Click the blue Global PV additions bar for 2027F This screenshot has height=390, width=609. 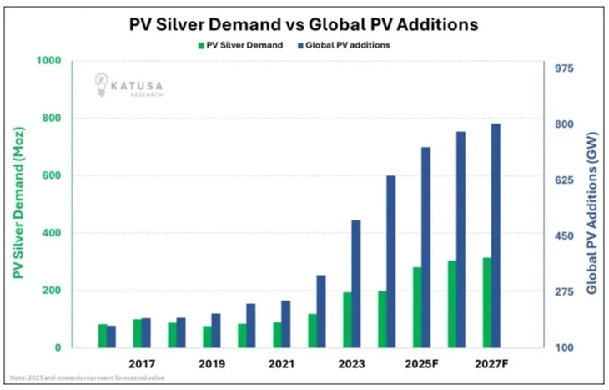[496, 236]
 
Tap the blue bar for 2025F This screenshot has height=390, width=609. [425, 247]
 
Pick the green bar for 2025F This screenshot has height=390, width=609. [415, 307]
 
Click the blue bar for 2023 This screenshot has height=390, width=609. [355, 284]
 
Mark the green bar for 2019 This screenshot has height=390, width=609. [206, 337]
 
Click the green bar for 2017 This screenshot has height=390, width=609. [137, 333]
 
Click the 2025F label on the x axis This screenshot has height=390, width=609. [420, 365]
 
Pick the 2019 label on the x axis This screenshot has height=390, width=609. [212, 365]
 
